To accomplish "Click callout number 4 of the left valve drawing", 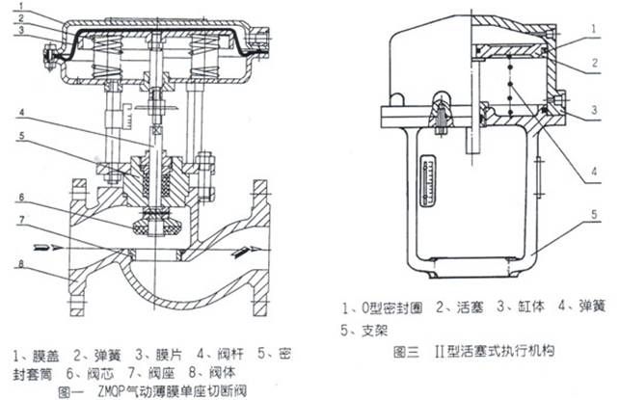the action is point(22,113).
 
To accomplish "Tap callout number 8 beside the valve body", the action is point(20,264).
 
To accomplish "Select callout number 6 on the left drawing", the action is point(22,197).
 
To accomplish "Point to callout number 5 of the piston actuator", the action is point(594,214).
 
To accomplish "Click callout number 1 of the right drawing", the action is point(593,29).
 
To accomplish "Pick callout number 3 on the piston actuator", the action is point(594,110).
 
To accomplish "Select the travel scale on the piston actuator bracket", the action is point(427,181).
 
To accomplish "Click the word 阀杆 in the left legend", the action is point(230,355).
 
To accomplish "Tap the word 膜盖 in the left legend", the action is point(45,356).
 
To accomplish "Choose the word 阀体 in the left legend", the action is point(223,373).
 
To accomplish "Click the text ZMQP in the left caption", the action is point(111,391).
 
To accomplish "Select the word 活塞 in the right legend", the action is point(471,307).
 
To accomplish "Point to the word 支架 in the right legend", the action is point(375,331).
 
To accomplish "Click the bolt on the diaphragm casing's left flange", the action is point(49,58).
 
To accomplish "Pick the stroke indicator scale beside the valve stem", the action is point(127,116).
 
